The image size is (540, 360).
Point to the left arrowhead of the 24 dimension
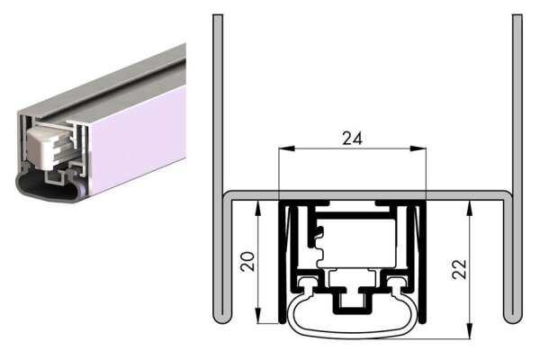point(283,149)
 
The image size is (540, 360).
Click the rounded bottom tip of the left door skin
point(218,318)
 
